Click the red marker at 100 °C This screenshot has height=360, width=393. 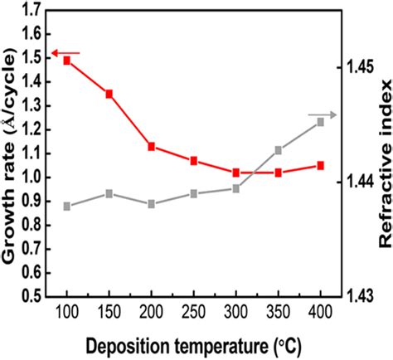coord(67,61)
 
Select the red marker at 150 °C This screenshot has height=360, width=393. coord(109,94)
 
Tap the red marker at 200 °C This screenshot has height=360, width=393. coord(152,147)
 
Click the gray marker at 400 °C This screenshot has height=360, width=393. coord(320,122)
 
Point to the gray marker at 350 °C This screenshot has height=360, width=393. coord(278,151)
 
